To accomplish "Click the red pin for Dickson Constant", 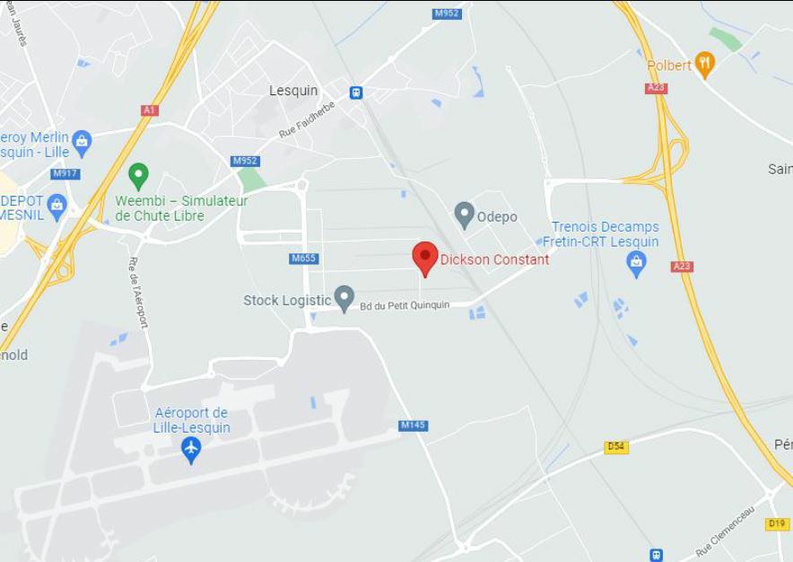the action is pos(425,258).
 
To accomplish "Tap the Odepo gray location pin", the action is pos(464,215).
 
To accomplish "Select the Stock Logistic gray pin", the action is pos(344,298).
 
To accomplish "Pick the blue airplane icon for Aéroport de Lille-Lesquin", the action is pos(190,449).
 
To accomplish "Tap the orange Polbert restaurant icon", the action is pos(705,64).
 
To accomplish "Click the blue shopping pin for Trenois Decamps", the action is pos(636,263).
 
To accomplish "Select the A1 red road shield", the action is pos(150,110).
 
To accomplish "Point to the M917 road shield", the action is pos(65,173).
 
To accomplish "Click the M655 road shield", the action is pos(304,259).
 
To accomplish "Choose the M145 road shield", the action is pos(414,426).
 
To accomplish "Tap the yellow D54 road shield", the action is pos(616,446).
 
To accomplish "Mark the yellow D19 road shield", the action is pos(777,523).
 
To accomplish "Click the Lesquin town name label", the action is pos(293,91).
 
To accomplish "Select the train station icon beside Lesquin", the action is pos(356,92).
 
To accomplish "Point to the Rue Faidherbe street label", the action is pos(307,119).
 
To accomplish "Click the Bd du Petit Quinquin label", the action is pos(405,305).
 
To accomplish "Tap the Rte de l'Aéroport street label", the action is pos(138,292).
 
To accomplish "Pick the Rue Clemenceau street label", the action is pos(726,531).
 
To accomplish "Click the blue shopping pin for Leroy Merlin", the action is pos(82,141).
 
